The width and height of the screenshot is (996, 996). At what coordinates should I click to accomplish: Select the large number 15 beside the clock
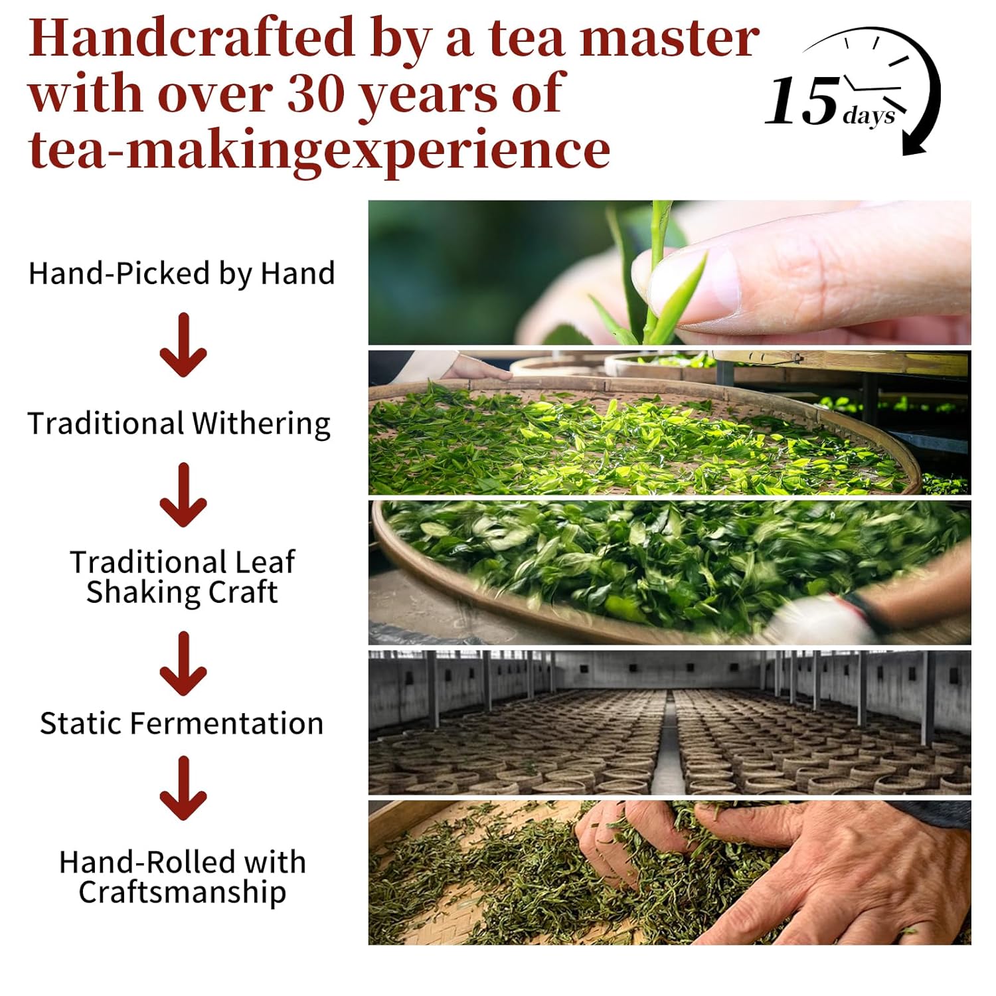(x=802, y=101)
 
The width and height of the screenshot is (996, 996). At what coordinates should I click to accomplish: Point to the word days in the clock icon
(x=869, y=116)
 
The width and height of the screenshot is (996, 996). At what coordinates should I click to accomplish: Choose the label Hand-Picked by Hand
(x=181, y=274)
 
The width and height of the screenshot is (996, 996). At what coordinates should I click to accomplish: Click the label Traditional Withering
(x=179, y=424)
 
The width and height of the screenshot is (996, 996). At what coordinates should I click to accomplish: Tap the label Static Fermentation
(x=181, y=723)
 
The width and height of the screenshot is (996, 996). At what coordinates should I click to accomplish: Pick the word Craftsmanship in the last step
(x=182, y=892)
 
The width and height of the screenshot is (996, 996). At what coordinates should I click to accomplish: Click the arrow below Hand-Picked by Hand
(x=183, y=345)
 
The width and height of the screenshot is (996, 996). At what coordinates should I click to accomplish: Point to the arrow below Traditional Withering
(x=183, y=495)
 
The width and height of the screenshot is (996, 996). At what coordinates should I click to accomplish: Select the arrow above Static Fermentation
(x=183, y=663)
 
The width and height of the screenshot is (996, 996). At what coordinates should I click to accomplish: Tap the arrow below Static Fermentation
(x=183, y=788)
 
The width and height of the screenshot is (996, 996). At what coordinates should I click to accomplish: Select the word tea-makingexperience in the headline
(x=319, y=149)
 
